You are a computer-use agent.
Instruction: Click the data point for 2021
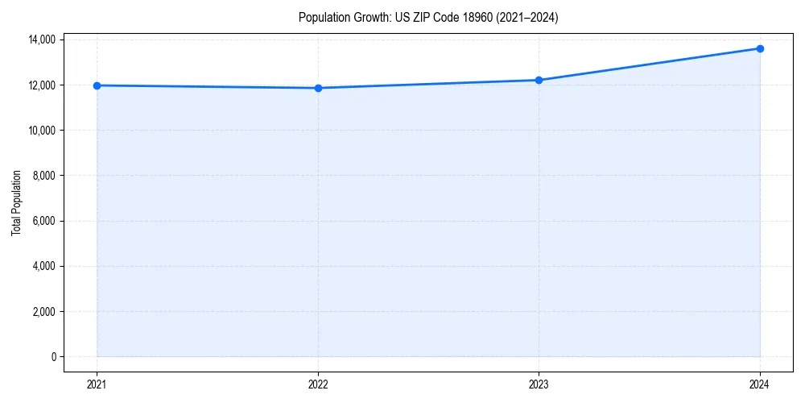(97, 85)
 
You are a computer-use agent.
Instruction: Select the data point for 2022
(318, 88)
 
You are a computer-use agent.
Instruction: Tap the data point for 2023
(539, 80)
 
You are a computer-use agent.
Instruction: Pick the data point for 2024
(760, 48)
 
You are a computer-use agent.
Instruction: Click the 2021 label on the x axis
(97, 384)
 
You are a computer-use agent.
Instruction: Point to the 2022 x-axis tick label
(318, 384)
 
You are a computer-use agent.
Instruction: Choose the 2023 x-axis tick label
(539, 384)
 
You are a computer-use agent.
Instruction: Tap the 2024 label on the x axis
(760, 384)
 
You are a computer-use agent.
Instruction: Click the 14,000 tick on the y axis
(42, 39)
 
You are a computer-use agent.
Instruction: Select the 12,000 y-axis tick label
(42, 85)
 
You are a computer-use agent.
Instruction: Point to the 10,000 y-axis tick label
(42, 131)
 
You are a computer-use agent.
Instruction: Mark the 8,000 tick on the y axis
(45, 176)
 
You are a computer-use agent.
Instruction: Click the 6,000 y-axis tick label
(45, 221)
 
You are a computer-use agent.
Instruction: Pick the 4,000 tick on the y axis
(45, 266)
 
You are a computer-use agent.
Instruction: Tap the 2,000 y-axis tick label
(45, 312)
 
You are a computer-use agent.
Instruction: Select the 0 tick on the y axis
(53, 357)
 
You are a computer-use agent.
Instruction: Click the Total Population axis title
(16, 202)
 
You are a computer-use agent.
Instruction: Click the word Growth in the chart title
(369, 17)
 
